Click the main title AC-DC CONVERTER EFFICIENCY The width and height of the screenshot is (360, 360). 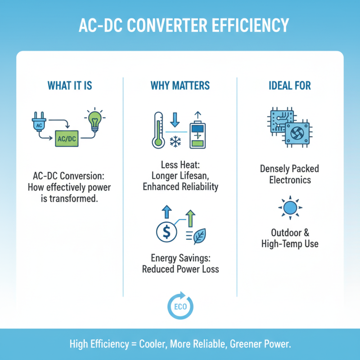pyautogui.click(x=180, y=26)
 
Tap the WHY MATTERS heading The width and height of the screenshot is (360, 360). pyautogui.click(x=180, y=85)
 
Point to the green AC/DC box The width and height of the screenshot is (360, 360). pyautogui.click(x=67, y=139)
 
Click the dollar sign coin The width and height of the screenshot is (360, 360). pyautogui.click(x=166, y=232)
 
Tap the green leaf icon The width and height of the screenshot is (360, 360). pyautogui.click(x=198, y=236)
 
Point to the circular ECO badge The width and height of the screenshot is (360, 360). pyautogui.click(x=180, y=307)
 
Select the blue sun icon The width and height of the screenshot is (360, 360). pyautogui.click(x=289, y=208)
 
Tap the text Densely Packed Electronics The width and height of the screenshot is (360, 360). pyautogui.click(x=289, y=175)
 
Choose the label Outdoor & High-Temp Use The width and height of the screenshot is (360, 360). pyautogui.click(x=289, y=238)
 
